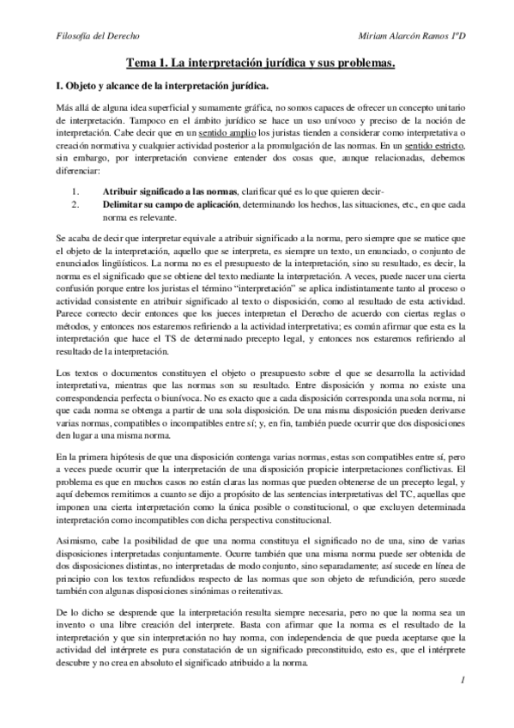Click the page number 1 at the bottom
coord(462,704)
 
